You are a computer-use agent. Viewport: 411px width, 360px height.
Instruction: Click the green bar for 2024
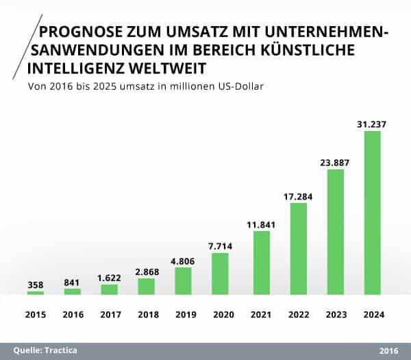[x=372, y=213]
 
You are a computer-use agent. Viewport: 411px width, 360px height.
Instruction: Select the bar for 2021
[x=262, y=263]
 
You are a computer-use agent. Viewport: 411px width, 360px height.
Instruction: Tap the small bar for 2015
[x=36, y=293]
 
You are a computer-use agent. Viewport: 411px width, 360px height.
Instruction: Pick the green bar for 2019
[x=183, y=280]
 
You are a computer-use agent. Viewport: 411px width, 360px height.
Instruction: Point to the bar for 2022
[x=299, y=248]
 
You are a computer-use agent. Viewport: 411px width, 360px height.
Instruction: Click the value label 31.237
[x=372, y=123]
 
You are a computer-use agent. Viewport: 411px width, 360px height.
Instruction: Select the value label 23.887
[x=335, y=163]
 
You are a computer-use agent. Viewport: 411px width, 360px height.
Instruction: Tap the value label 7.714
[x=219, y=246]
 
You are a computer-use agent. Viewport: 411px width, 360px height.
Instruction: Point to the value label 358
[x=36, y=285]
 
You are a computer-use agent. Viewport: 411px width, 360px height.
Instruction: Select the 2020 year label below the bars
[x=219, y=315]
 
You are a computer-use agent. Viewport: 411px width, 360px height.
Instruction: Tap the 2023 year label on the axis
[x=335, y=315]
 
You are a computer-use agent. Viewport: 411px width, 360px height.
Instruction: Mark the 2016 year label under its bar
[x=72, y=315]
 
